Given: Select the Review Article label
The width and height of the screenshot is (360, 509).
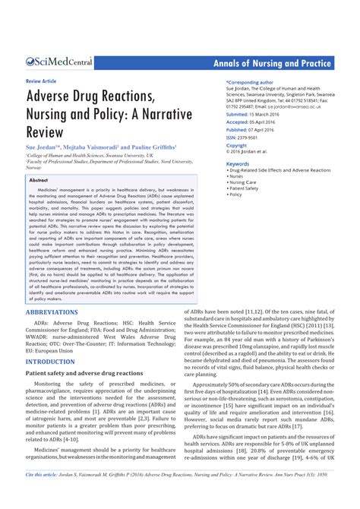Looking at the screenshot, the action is [x=42, y=80].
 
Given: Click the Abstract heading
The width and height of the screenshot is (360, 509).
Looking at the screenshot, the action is [x=39, y=180].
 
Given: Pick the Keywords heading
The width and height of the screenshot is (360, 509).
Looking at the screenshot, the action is [x=238, y=163].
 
